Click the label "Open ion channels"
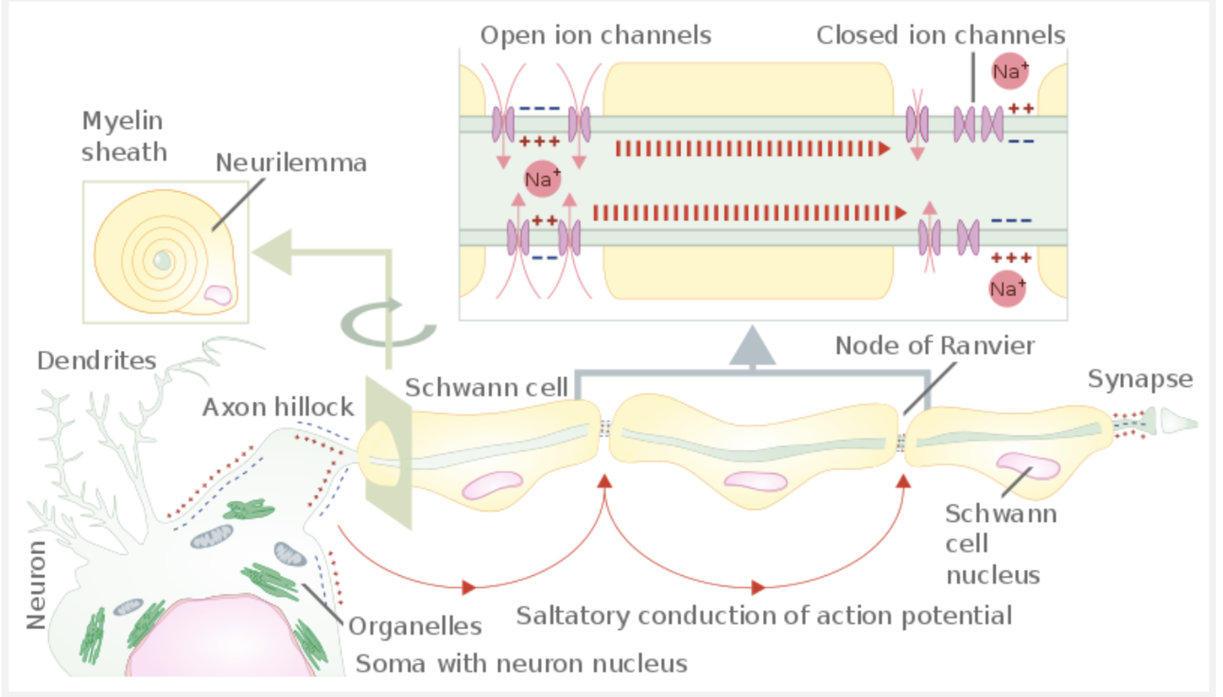596,36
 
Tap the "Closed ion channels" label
941,36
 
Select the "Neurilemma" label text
292,163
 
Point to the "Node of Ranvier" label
935,346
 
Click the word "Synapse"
1140,379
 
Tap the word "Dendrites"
97,360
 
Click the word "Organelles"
415,627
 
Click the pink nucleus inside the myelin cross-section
218,294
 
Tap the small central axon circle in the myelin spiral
162,261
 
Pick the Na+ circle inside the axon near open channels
542,180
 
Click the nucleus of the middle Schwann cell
755,481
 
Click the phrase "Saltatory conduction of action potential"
764,614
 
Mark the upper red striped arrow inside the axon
752,149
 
